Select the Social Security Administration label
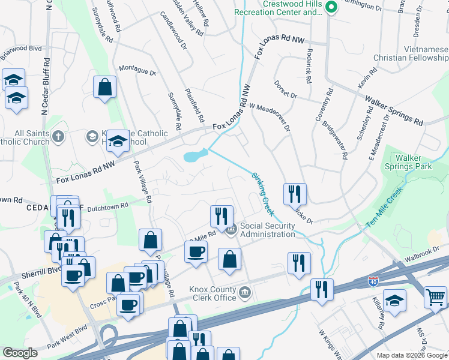click(268, 230)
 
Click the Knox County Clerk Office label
click(212, 293)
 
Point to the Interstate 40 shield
click(373, 280)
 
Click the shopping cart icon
click(435, 296)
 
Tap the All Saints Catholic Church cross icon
click(58, 137)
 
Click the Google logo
click(20, 353)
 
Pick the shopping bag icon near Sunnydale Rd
click(105, 87)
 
